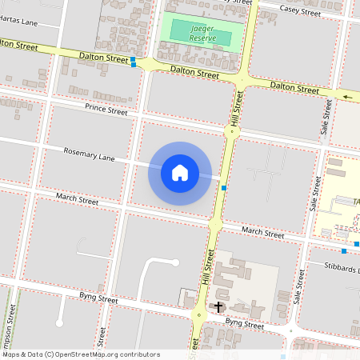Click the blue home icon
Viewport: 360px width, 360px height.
click(180, 173)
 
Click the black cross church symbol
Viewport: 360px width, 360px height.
click(218, 306)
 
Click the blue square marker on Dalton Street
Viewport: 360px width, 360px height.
click(134, 61)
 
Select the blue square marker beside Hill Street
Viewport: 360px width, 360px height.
click(224, 187)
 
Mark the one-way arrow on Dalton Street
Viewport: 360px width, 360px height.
click(347, 98)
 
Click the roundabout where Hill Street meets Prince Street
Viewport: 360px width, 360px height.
click(233, 131)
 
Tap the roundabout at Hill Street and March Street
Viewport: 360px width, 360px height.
click(215, 225)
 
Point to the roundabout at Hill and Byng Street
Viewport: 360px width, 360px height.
click(198, 314)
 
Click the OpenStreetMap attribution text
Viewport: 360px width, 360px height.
click(80, 354)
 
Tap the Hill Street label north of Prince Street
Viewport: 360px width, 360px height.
click(238, 106)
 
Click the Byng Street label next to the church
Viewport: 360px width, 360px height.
click(244, 325)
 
